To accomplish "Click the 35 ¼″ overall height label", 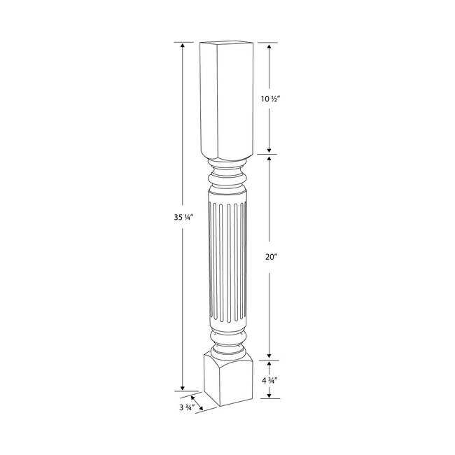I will [x=171, y=216].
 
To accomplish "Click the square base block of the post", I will [x=225, y=381].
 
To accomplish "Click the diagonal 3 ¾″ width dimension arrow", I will [x=198, y=401].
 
